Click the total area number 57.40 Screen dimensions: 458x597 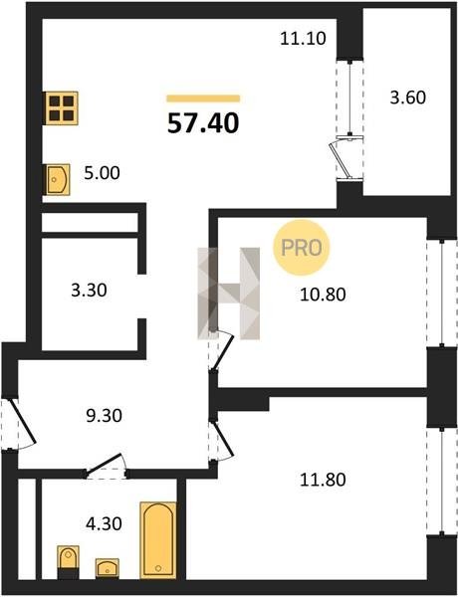pyautogui.click(x=203, y=123)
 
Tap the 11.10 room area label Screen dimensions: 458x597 pyautogui.click(x=303, y=39)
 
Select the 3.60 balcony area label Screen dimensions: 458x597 pyautogui.click(x=407, y=98)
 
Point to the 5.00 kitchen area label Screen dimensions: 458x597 pyautogui.click(x=102, y=173)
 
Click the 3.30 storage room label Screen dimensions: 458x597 pyautogui.click(x=89, y=291)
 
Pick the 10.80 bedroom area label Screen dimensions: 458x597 pyautogui.click(x=323, y=295)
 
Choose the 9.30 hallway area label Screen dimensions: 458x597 pyautogui.click(x=104, y=415)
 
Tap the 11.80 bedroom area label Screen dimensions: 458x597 pyautogui.click(x=323, y=480)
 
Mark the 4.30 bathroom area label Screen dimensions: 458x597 pyautogui.click(x=104, y=524)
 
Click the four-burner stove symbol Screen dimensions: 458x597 pyautogui.click(x=62, y=108)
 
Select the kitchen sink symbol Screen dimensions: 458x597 pyautogui.click(x=57, y=179)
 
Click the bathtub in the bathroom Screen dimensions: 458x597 pyautogui.click(x=158, y=539)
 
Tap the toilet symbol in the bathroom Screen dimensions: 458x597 pyautogui.click(x=69, y=562)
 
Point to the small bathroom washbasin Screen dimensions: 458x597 pyautogui.click(x=108, y=568)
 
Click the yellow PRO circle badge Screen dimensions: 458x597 pyautogui.click(x=301, y=248)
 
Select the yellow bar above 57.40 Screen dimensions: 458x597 pyautogui.click(x=203, y=99)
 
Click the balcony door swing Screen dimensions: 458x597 pyautogui.click(x=341, y=160)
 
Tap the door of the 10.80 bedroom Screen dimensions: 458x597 pyautogui.click(x=223, y=350)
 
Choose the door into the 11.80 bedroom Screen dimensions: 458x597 pyautogui.click(x=223, y=439)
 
